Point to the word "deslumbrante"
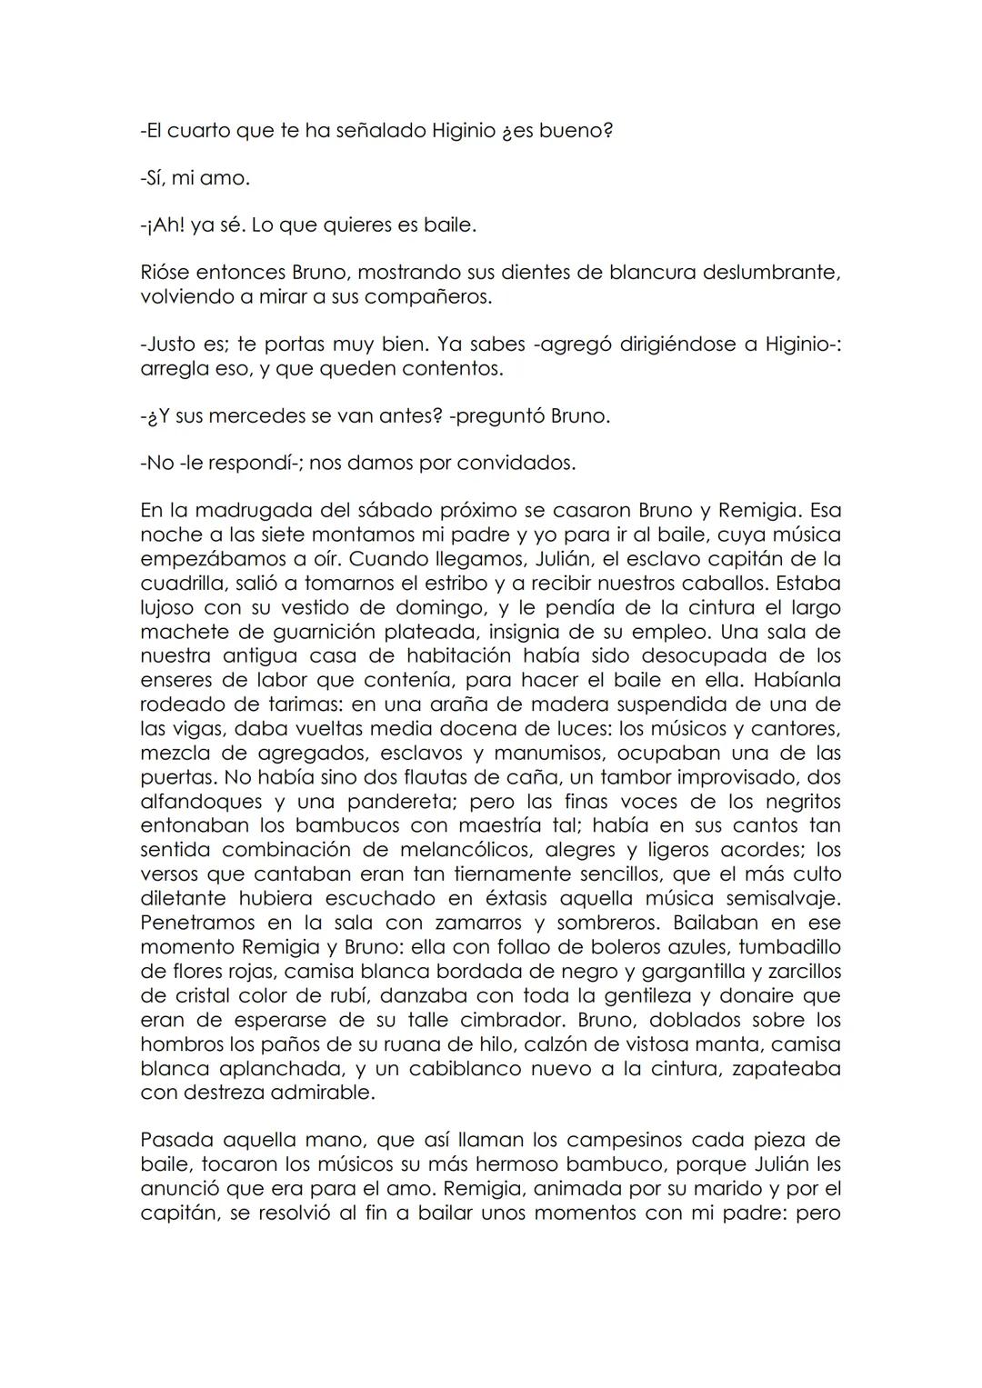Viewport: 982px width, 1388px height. (771, 273)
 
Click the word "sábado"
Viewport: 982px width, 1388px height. (410, 510)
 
